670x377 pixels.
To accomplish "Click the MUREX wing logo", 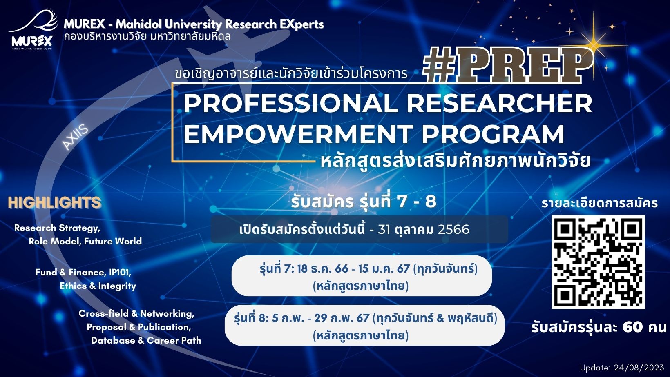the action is (x=32, y=29).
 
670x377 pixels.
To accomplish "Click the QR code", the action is (x=598, y=262).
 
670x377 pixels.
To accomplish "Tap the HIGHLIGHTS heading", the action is (x=55, y=202).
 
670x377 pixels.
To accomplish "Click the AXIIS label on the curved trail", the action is (x=75, y=137).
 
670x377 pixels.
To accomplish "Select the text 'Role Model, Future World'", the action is (x=85, y=242).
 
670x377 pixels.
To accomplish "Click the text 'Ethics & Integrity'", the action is (x=98, y=286).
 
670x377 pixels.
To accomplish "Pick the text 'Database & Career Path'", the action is (x=146, y=341).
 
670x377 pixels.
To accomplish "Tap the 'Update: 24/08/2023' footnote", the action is (x=622, y=368).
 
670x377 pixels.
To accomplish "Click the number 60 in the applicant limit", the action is (x=632, y=327).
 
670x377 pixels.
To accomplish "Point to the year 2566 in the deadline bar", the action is (x=453, y=229).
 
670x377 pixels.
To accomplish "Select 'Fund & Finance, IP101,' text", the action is (x=83, y=272).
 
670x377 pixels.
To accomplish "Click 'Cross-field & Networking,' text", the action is (x=136, y=313).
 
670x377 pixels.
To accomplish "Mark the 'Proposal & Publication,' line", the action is (x=139, y=327).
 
